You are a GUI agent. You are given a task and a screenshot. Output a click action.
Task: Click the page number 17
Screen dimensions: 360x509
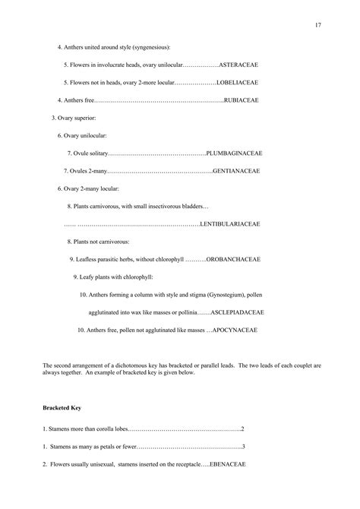(x=318, y=26)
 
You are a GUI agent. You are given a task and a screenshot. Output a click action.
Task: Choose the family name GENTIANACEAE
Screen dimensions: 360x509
(x=236, y=170)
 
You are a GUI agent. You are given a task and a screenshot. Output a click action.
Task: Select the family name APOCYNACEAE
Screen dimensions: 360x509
(x=235, y=330)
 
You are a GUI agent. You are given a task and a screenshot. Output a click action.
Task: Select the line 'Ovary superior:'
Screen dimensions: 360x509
(x=74, y=118)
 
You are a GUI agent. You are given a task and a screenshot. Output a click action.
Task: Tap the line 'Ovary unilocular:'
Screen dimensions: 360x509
(x=83, y=135)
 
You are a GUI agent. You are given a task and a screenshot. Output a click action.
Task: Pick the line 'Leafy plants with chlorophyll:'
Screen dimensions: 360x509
(x=113, y=277)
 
